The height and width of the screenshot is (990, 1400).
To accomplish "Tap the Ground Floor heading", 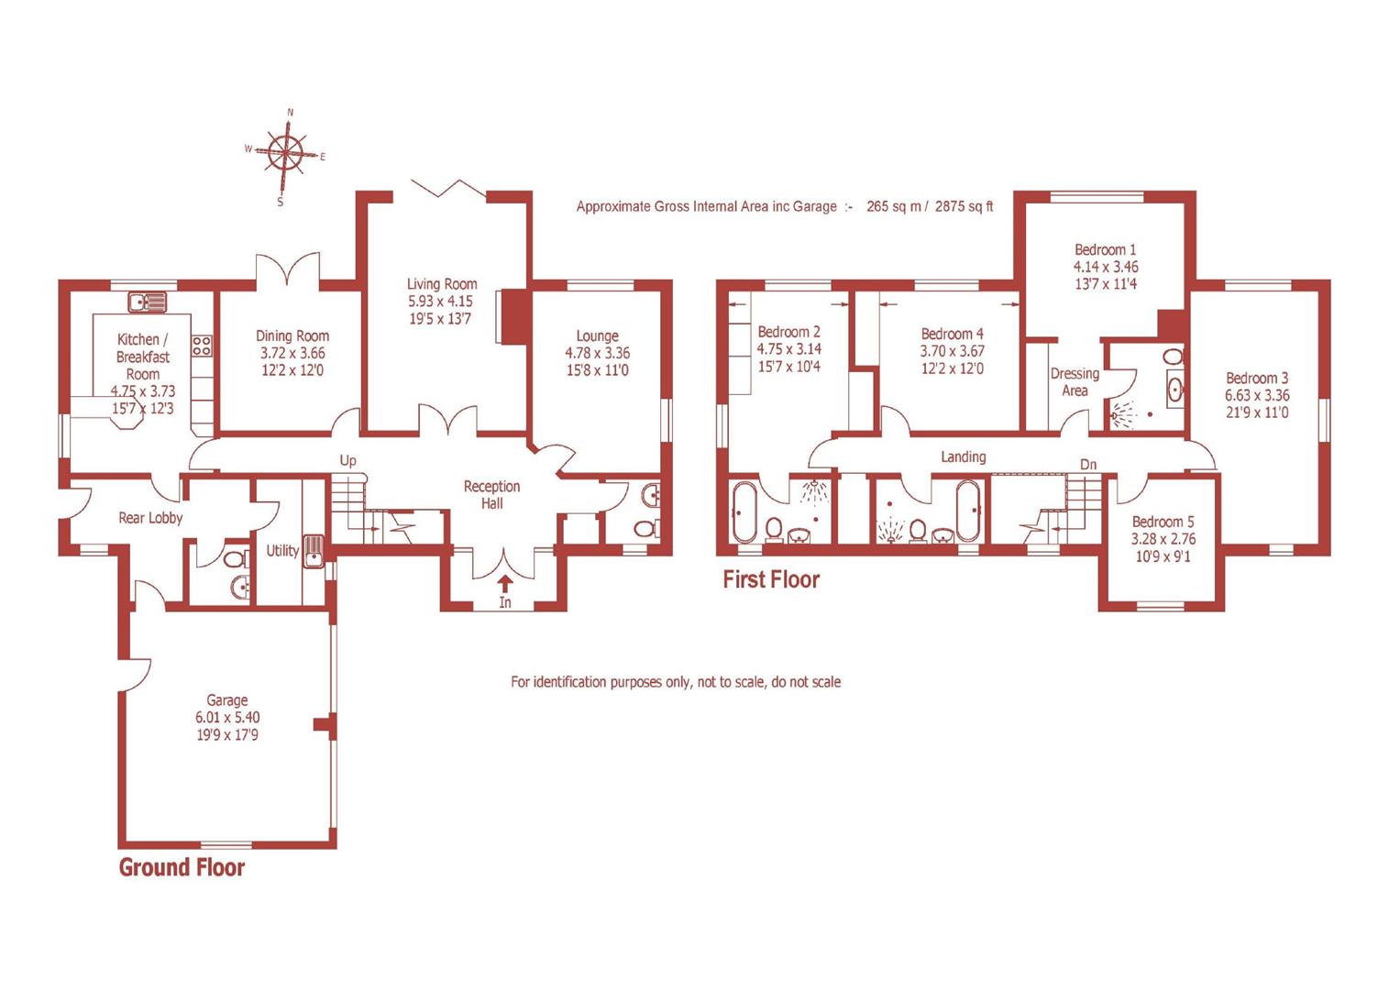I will pyautogui.click(x=182, y=867).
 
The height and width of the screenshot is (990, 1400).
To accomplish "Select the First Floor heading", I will pyautogui.click(x=770, y=579).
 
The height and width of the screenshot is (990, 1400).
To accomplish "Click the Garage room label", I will pyautogui.click(x=226, y=700).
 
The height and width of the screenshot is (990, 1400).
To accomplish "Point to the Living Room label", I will pyautogui.click(x=442, y=284).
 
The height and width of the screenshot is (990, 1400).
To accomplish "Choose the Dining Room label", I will pyautogui.click(x=292, y=336).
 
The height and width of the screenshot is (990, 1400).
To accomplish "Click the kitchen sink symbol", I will pyautogui.click(x=148, y=301).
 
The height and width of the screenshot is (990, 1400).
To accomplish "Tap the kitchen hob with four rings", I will pyautogui.click(x=202, y=346).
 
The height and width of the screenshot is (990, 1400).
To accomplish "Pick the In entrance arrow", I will pyautogui.click(x=505, y=584).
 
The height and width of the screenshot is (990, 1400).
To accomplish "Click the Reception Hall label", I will pyautogui.click(x=491, y=494).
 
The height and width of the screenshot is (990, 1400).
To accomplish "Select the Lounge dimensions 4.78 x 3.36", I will pyautogui.click(x=597, y=353).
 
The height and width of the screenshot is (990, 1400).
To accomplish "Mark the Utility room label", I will pyautogui.click(x=282, y=550).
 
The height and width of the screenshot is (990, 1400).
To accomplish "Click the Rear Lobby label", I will pyautogui.click(x=150, y=518).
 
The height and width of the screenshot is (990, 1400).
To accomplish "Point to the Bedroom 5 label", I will pyautogui.click(x=1163, y=522).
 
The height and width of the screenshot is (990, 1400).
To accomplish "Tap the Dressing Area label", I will pyautogui.click(x=1075, y=382).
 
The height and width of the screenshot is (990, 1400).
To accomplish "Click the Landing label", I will pyautogui.click(x=963, y=456).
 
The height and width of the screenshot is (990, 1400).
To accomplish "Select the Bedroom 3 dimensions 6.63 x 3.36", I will pyautogui.click(x=1256, y=395).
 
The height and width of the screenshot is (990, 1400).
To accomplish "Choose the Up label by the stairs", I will pyautogui.click(x=347, y=460).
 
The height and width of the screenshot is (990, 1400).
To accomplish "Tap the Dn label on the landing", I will pyautogui.click(x=1087, y=464).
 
